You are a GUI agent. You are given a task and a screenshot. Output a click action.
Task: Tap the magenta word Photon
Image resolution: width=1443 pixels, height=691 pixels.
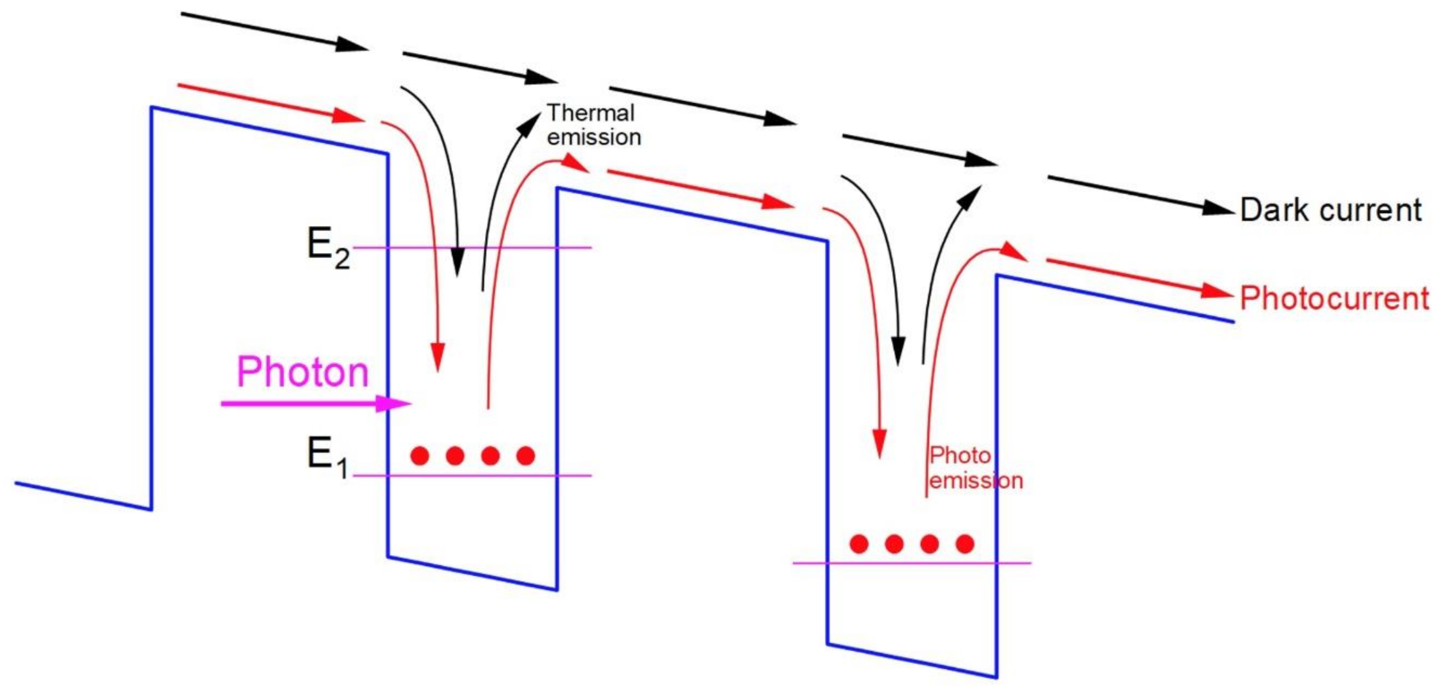click(x=302, y=372)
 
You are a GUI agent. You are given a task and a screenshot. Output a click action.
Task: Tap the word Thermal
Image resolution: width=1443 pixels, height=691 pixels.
click(x=591, y=113)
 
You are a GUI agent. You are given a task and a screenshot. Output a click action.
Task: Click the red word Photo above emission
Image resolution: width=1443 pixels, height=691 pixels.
click(x=960, y=456)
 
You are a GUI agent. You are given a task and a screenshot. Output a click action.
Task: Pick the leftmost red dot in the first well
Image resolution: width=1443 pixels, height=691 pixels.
click(x=419, y=456)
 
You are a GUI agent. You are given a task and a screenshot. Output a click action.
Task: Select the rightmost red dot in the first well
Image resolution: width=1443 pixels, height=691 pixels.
click(x=525, y=456)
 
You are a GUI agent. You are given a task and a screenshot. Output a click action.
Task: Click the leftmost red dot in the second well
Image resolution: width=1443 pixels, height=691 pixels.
click(x=859, y=544)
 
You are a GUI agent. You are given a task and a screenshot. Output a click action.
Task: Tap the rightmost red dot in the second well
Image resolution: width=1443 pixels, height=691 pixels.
click(x=965, y=544)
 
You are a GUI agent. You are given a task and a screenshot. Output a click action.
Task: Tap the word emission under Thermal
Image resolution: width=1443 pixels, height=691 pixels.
click(x=594, y=137)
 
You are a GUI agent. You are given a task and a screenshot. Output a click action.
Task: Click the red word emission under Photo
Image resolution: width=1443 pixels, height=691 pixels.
click(x=976, y=481)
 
